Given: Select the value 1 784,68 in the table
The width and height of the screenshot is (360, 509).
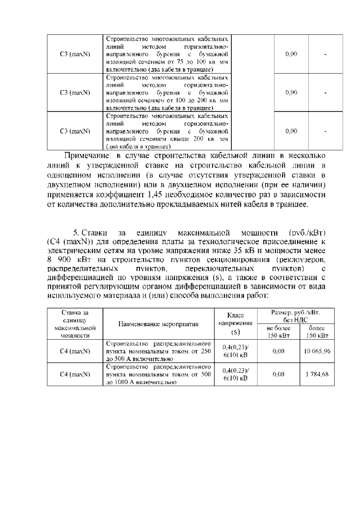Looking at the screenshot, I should tap(318, 374).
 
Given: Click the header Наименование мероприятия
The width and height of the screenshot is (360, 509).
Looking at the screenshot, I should tap(159, 324).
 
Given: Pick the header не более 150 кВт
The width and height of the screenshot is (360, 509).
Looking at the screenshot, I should tap(278, 331).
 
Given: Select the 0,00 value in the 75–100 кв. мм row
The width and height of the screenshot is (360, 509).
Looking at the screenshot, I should tap(291, 54).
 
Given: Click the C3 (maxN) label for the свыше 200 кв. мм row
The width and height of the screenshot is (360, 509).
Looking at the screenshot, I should tap(75, 131).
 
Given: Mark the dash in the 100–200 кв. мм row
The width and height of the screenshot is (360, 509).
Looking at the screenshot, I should tap(326, 92).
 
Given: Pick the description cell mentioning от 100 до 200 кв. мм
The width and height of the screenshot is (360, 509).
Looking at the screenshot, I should tap(167, 92).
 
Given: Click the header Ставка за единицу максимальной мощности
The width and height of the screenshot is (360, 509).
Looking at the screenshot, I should tap(75, 324).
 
